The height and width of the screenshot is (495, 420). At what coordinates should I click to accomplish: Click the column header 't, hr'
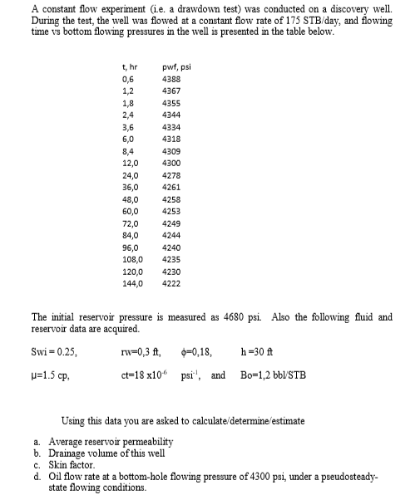(129, 66)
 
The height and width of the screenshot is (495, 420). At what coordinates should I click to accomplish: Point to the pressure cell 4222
(172, 283)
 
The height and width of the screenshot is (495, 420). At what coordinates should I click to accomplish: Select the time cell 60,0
(131, 212)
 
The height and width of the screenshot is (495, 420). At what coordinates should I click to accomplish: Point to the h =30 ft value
(255, 351)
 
